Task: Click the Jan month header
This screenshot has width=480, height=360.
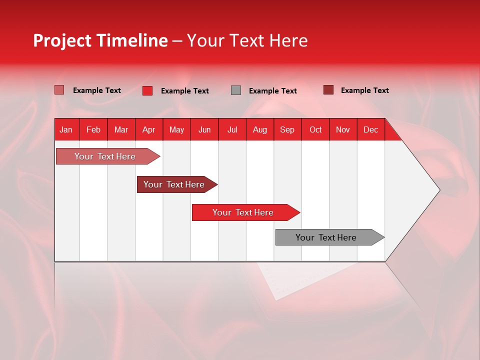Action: tap(66, 130)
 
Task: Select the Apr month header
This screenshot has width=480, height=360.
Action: tap(148, 130)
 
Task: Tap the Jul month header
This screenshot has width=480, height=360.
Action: tap(232, 130)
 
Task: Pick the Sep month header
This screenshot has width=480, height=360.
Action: tap(287, 130)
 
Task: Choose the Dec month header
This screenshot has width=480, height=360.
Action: tap(370, 130)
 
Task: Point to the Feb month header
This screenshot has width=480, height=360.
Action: tap(93, 130)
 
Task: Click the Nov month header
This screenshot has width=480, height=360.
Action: tap(343, 130)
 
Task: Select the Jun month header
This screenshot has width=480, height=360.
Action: tap(204, 130)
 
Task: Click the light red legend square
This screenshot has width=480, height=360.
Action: tap(59, 90)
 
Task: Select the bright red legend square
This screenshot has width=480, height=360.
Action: tap(147, 90)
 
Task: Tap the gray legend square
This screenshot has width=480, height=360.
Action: tap(236, 90)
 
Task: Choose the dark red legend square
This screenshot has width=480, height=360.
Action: tap(328, 90)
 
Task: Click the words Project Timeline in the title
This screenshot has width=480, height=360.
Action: tap(100, 40)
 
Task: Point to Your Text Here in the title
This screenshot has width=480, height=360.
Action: tap(247, 40)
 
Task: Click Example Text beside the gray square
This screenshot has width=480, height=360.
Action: tap(272, 91)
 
